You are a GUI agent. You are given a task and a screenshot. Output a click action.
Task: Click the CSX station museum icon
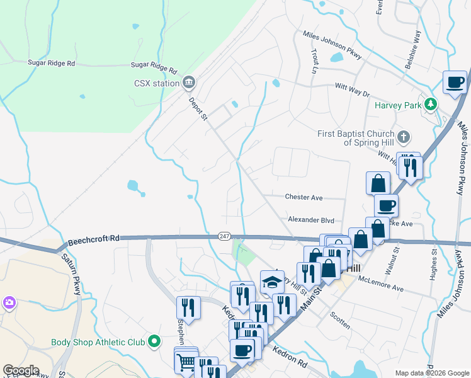(x=189, y=83)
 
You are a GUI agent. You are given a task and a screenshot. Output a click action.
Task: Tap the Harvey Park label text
(x=397, y=105)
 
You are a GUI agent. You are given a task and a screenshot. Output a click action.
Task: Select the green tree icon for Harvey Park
(x=431, y=104)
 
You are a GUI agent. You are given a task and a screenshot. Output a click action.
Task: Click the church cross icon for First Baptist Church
(x=404, y=136)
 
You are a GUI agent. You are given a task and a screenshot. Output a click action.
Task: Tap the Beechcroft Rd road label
(x=93, y=239)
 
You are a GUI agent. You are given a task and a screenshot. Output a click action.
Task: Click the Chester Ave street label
(x=304, y=197)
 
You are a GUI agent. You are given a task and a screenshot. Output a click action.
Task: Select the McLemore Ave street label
(x=380, y=283)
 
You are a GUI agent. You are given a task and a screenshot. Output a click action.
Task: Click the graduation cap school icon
(x=271, y=281)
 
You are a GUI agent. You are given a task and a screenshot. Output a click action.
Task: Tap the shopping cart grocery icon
(x=186, y=363)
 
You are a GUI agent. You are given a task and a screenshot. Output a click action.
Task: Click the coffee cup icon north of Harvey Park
(x=454, y=81)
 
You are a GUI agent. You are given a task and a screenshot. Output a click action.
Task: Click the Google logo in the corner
(x=21, y=370)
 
